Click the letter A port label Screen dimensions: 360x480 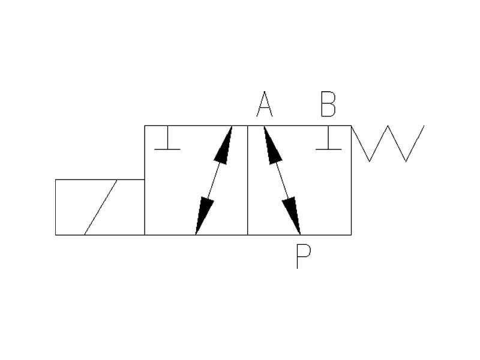coord(265,104)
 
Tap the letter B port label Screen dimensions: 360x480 coord(328,104)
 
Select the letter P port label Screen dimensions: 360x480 coord(304,256)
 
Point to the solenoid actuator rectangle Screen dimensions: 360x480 coord(100,207)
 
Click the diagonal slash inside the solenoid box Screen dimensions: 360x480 coord(100,207)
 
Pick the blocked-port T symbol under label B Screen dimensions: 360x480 coord(328,142)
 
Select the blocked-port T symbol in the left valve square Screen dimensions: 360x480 coord(167,142)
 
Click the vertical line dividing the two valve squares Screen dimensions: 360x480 coord(248,180)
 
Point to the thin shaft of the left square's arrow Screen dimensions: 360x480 coord(214,180)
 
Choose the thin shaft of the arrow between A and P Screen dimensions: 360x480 coord(281,180)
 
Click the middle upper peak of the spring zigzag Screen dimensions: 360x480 coord(388,127)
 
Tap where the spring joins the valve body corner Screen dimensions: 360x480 coord(352,126)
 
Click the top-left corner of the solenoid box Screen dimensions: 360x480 coord(56,179)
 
